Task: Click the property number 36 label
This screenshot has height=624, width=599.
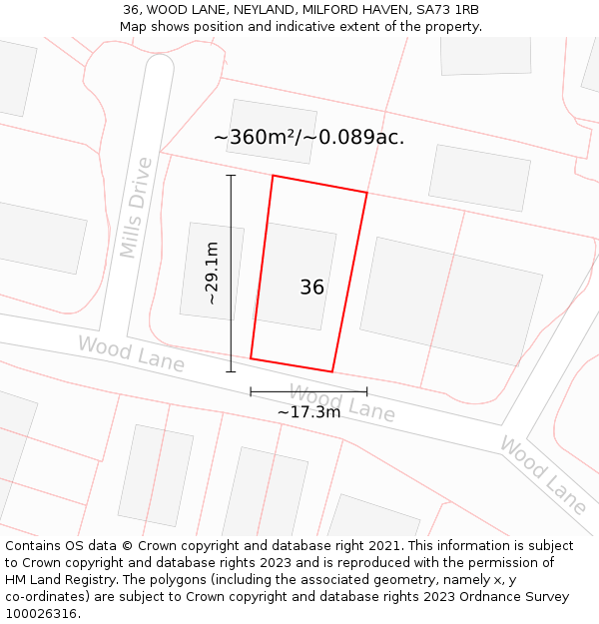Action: [311, 288]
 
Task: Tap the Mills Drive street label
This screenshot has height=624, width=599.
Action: [137, 208]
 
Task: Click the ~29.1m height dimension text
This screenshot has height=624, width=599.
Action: [212, 273]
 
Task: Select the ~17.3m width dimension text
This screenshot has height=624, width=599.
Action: [308, 411]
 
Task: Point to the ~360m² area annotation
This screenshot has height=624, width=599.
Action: [308, 138]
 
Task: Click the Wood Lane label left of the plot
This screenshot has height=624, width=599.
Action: [131, 353]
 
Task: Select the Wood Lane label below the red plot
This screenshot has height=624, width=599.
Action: [341, 401]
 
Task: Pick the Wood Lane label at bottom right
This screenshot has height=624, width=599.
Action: [543, 475]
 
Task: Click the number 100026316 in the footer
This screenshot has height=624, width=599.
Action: [41, 613]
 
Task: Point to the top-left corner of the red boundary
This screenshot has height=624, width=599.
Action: [273, 177]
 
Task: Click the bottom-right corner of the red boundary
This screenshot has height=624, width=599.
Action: [331, 371]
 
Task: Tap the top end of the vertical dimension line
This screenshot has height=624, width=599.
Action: [231, 176]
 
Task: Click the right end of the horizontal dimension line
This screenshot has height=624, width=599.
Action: [366, 391]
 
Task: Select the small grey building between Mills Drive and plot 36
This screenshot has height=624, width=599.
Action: [212, 271]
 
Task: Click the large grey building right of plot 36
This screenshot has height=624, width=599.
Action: [450, 301]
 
